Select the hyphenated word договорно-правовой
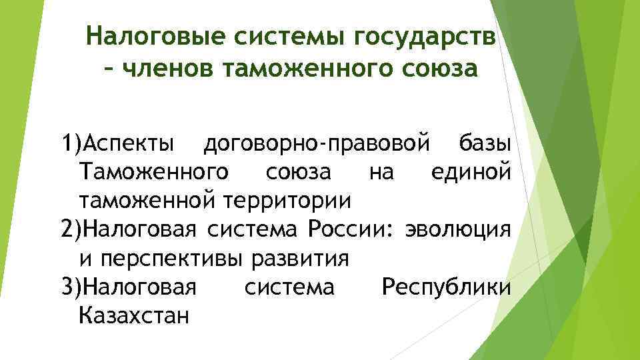pyautogui.click(x=315, y=143)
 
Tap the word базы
pyautogui.click(x=485, y=143)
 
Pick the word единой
pyautogui.click(x=471, y=171)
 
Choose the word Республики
pyautogui.click(x=445, y=287)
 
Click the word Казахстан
pyautogui.click(x=133, y=315)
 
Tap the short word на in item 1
pyautogui.click(x=381, y=171)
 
